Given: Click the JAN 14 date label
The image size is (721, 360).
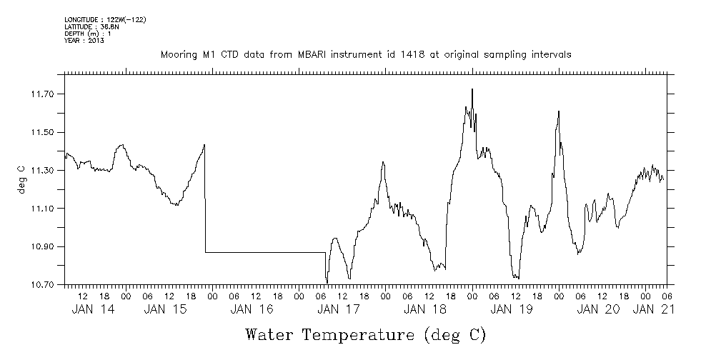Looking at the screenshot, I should click(x=92, y=309).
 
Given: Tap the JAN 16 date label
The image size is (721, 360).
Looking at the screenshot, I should click(x=253, y=309).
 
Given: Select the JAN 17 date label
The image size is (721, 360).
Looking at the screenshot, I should click(x=339, y=309).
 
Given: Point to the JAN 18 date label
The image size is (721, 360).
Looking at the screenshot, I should click(x=425, y=309).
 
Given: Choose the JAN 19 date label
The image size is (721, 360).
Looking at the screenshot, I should click(x=512, y=309).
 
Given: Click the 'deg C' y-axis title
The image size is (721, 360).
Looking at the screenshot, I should click(x=21, y=179).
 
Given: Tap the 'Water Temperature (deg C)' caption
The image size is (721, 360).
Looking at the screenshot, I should click(x=365, y=334).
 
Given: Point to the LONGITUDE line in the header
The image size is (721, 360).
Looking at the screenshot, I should click(x=105, y=19).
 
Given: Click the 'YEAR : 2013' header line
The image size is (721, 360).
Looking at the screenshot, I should click(x=84, y=41).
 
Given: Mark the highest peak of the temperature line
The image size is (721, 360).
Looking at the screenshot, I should click(x=472, y=89).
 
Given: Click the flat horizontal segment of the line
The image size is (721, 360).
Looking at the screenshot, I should click(x=264, y=252).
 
